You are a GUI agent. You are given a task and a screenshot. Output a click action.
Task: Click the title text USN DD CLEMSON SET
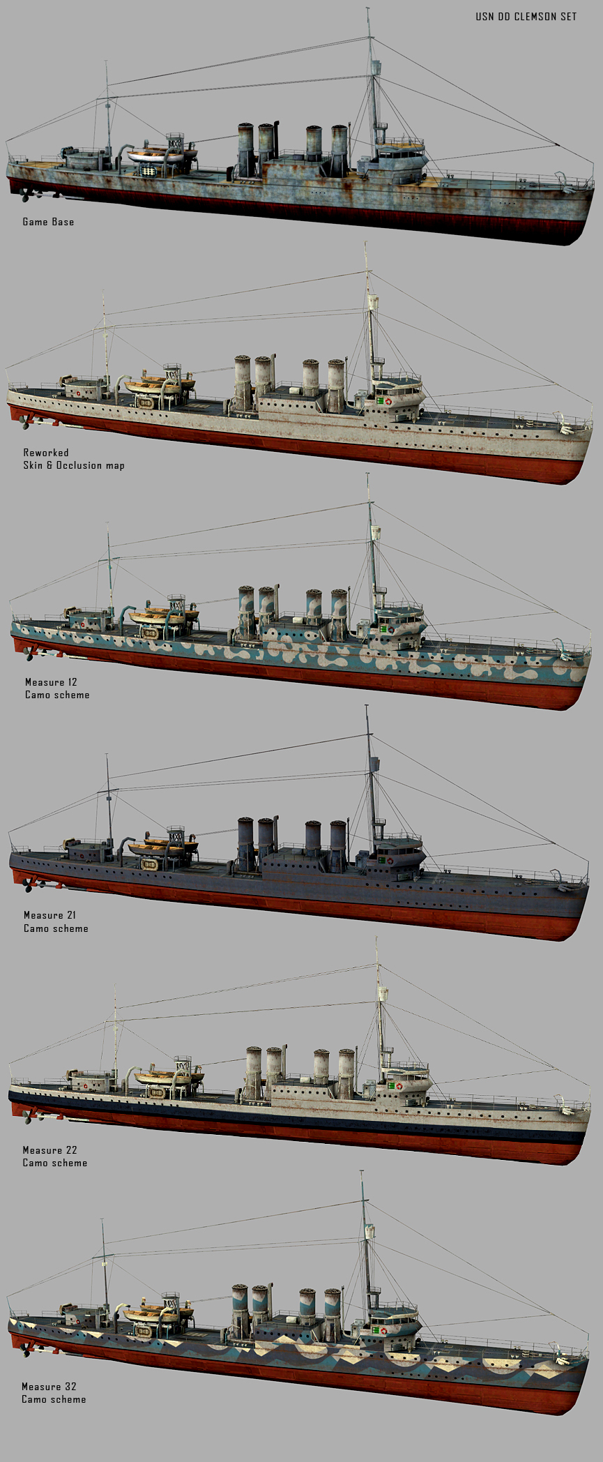[x=526, y=17]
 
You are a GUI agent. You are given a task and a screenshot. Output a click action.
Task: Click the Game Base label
[x=48, y=222]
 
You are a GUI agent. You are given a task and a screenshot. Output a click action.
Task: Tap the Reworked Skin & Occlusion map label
[x=74, y=459]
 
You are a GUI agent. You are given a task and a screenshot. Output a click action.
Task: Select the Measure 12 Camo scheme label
[x=57, y=688]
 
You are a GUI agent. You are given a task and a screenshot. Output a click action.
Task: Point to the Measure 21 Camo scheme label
[x=56, y=921]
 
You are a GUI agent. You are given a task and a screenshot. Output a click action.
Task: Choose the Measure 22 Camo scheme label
[x=55, y=1156]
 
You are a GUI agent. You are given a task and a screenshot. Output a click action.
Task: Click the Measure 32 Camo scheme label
[x=54, y=1392]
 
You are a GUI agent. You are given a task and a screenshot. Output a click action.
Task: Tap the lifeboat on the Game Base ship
[x=162, y=155]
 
